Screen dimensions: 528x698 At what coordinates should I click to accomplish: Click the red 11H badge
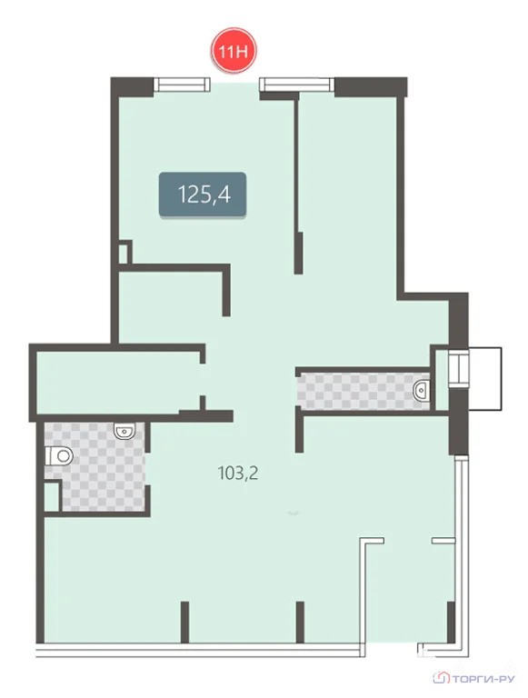point(234,51)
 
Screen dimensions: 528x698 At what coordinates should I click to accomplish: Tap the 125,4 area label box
point(203,194)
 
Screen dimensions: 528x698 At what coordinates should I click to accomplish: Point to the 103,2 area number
point(238,473)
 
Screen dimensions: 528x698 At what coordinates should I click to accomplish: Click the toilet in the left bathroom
point(59,456)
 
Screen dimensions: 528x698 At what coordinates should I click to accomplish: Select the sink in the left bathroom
point(124,431)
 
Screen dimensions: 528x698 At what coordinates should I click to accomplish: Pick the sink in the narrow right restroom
point(421,391)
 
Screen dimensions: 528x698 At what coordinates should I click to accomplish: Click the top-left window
point(182,85)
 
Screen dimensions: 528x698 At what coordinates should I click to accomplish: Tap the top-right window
point(297,85)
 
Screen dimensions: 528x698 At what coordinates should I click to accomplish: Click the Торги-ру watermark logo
point(473,678)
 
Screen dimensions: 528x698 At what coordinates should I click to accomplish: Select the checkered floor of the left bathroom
point(103,467)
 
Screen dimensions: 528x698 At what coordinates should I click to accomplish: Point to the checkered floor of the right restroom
point(363,391)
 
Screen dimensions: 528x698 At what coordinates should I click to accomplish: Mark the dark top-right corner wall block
point(371,87)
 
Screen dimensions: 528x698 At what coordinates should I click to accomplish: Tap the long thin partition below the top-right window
point(297,183)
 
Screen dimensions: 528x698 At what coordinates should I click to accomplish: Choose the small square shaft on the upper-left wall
point(125,253)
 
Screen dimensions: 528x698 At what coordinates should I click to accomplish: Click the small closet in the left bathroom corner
point(52,496)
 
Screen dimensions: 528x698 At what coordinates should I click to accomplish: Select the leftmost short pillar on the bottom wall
point(184,622)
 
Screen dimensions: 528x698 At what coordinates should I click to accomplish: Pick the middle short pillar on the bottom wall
point(300,622)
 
